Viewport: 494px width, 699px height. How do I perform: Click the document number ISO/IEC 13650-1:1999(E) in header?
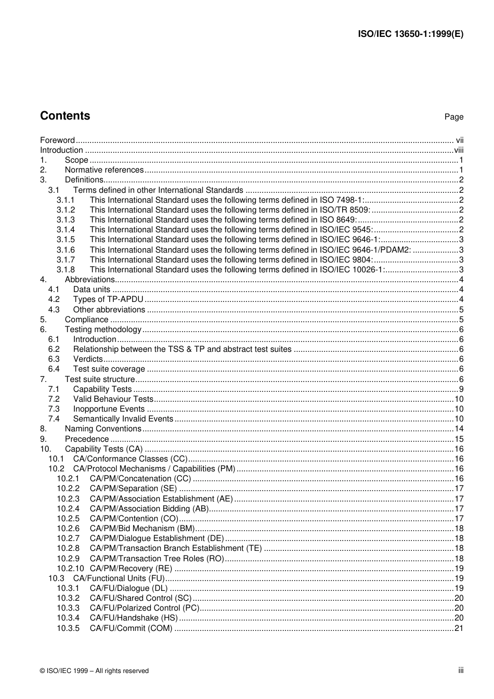(x=410, y=34)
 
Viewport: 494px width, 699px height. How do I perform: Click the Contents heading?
(x=65, y=116)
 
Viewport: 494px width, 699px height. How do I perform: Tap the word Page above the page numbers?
(x=453, y=117)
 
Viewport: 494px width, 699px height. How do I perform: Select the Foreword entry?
(x=58, y=140)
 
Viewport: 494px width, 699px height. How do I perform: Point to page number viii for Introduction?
(x=458, y=150)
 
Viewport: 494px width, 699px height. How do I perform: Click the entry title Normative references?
(x=104, y=170)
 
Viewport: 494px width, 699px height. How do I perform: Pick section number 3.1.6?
(x=66, y=249)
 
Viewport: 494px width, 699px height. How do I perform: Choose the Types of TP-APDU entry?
(x=108, y=299)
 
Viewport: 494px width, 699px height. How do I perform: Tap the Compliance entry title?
(x=86, y=320)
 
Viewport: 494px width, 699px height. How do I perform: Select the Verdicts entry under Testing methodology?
(x=88, y=359)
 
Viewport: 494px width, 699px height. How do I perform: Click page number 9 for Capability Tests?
(x=461, y=389)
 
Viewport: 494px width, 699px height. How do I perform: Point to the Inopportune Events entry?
(x=109, y=409)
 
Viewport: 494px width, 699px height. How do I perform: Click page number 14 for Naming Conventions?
(x=459, y=429)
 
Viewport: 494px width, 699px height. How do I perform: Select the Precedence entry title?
(x=86, y=439)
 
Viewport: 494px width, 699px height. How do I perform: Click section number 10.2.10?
(x=70, y=569)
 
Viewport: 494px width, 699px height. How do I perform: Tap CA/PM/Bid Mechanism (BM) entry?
(x=142, y=529)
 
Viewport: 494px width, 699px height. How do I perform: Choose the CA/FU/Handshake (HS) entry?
(x=134, y=618)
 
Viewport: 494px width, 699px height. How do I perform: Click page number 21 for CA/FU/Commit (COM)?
(x=459, y=628)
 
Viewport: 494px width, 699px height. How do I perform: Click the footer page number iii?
(x=460, y=670)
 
